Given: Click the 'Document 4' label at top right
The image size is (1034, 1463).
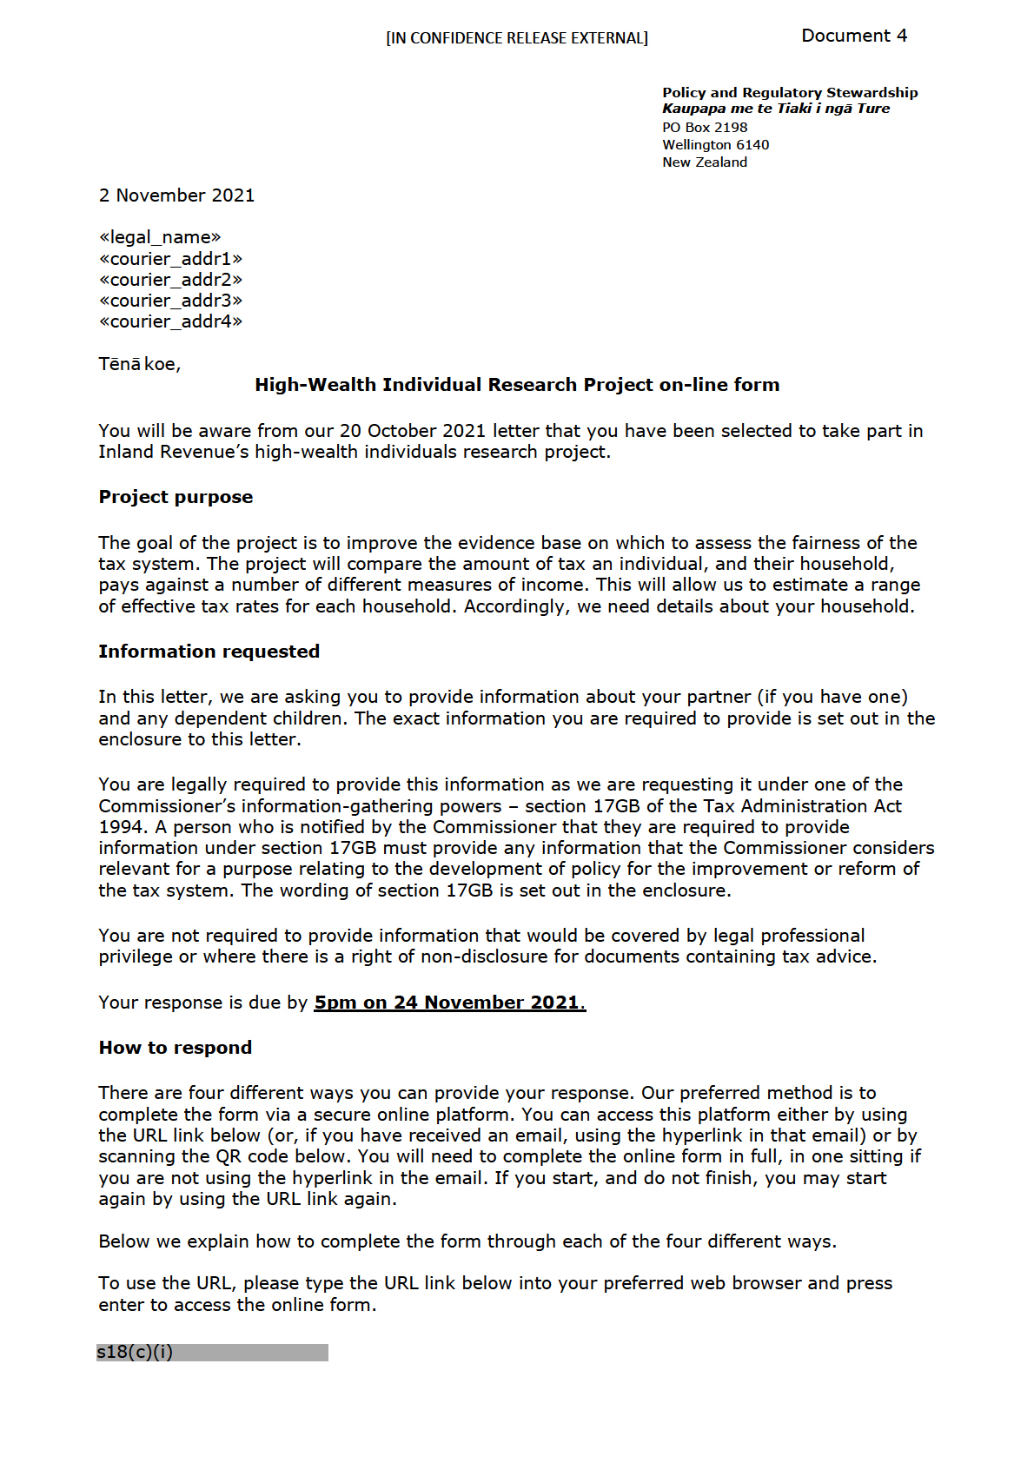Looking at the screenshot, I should (853, 36).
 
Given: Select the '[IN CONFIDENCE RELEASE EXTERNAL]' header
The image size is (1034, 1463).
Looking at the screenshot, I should (517, 38).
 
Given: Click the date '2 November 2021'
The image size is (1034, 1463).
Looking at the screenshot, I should (176, 195).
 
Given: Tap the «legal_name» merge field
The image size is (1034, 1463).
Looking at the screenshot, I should (160, 237).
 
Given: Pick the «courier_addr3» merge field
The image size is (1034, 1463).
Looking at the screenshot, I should (170, 301).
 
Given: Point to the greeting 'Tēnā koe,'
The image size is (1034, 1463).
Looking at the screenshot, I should (139, 364).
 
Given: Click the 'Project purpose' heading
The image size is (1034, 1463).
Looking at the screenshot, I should (176, 497).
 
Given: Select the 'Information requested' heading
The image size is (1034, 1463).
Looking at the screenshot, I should (209, 652).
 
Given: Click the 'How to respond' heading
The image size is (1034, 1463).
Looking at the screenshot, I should (175, 1048).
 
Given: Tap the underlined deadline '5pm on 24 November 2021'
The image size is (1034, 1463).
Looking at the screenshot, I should (448, 1003).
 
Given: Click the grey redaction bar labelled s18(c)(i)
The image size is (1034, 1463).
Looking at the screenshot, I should (212, 1353).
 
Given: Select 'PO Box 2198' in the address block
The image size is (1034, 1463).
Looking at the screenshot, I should (704, 128).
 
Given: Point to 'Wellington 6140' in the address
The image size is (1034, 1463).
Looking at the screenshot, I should (715, 145).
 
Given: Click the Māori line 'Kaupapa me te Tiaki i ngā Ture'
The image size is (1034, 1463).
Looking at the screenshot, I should (775, 109).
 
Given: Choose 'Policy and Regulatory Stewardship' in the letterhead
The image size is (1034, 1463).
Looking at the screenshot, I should (789, 93).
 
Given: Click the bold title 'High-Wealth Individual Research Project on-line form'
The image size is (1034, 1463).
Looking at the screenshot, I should (517, 385).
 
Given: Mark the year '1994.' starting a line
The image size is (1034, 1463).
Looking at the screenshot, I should (123, 827).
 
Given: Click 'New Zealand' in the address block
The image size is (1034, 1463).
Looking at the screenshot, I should (704, 162).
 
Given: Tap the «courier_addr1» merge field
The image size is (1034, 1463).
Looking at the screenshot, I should (170, 259).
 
